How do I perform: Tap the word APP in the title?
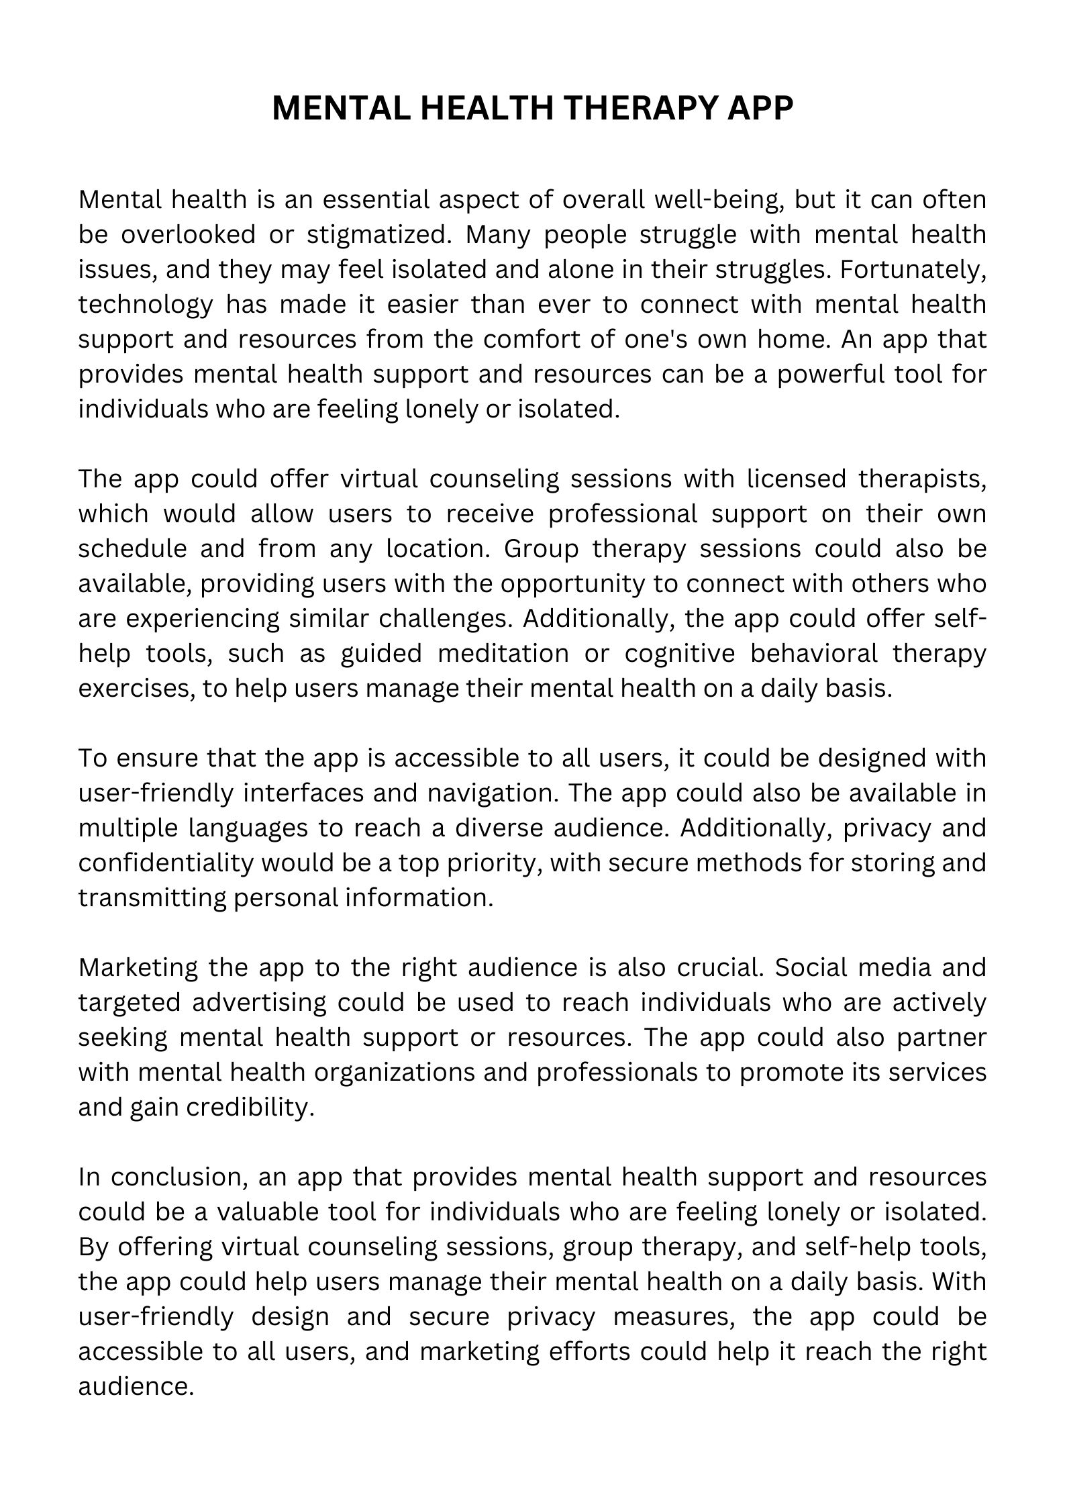[761, 108]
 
